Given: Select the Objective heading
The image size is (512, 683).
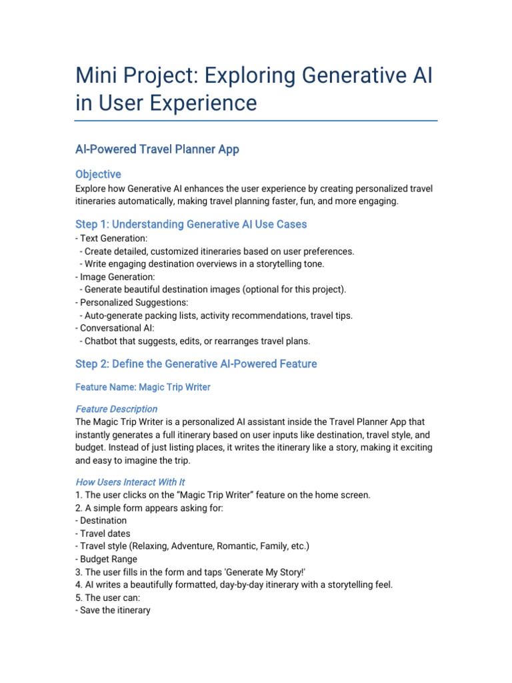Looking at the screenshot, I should [98, 174].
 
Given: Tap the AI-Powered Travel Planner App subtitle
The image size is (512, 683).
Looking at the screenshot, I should [157, 149].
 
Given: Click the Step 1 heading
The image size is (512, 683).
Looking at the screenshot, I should [191, 224].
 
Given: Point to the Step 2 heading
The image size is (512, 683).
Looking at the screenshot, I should [196, 364].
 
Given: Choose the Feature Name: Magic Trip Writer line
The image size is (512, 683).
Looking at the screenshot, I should [143, 388].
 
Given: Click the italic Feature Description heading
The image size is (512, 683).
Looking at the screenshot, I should [117, 409].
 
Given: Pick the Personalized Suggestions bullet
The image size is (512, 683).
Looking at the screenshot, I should [130, 302].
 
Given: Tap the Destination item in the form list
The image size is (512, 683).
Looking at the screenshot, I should [103, 520].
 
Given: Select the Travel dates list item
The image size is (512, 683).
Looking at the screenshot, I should [105, 534].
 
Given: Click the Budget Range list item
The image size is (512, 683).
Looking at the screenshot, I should [108, 559].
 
